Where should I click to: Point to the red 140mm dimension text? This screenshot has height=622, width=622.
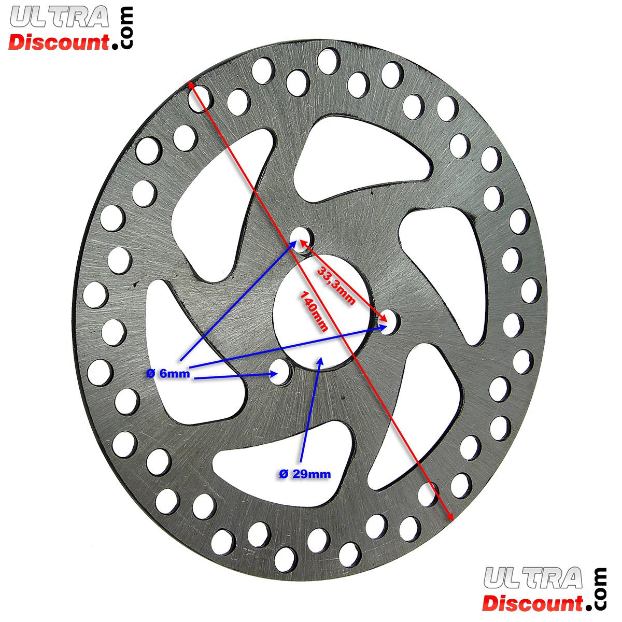point(314,310)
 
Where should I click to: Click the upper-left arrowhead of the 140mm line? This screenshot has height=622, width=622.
point(192,84)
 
